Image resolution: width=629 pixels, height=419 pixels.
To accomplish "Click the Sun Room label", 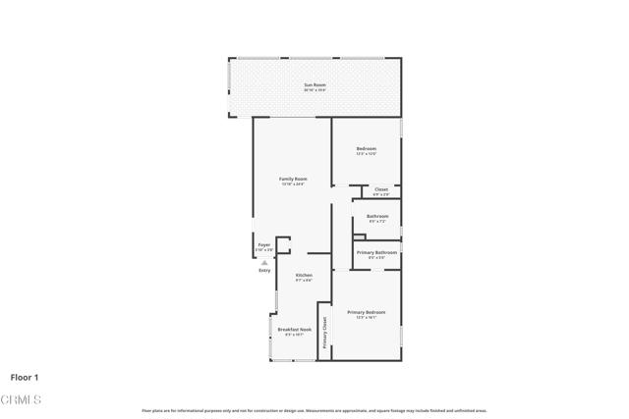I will point(314,85).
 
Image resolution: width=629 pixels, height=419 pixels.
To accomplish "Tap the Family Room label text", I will point(293,179).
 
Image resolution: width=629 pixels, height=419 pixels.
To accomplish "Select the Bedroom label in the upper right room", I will point(366,149).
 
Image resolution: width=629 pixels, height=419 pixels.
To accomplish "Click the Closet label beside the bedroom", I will point(381,189).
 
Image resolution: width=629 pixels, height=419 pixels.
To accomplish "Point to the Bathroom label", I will point(377,216).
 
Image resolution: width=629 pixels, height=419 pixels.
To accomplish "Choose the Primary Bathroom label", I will point(376,252).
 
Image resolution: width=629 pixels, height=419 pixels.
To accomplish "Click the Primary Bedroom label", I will point(366,312).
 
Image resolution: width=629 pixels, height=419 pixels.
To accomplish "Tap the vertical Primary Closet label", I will point(324,335).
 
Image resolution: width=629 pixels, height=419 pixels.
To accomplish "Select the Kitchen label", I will point(305,275).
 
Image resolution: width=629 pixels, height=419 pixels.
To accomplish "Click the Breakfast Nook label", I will point(295,330).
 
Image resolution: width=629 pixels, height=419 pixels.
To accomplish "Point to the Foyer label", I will point(264,245).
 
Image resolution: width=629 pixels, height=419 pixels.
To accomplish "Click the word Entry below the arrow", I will point(264,270).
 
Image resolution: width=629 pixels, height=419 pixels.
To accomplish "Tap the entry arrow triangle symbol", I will point(264,262).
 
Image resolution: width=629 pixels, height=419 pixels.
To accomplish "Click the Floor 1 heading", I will point(25,377).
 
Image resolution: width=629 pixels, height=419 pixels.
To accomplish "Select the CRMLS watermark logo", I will point(22,399).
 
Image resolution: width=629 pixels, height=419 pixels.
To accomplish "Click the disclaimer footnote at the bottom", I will point(314,410).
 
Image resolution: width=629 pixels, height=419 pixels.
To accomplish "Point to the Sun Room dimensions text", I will point(314,90).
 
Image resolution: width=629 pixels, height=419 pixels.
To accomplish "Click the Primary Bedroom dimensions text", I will point(366,317).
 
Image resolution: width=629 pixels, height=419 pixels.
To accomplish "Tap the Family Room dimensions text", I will point(293,183).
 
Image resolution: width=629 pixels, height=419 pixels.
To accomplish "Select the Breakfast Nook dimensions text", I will point(295,335).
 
